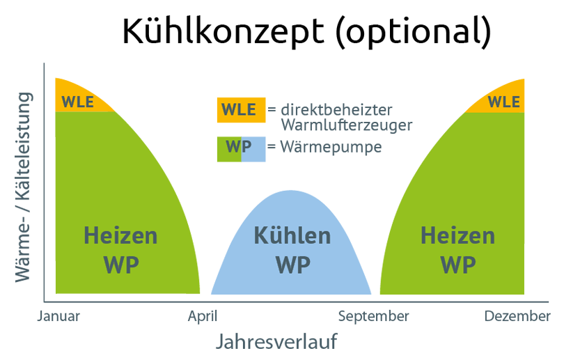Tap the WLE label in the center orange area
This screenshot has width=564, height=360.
pos(238,109)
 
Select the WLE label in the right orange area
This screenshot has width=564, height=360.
pos(503,102)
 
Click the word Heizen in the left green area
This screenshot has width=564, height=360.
pos(120,235)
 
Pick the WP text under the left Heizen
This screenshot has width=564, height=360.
pos(120,265)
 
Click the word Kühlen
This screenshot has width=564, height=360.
pos(292,235)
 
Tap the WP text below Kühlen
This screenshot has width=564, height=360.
pos(292,265)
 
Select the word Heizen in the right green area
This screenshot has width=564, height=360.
pos(457,235)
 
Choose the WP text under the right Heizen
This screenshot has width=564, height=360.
pos(457,265)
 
